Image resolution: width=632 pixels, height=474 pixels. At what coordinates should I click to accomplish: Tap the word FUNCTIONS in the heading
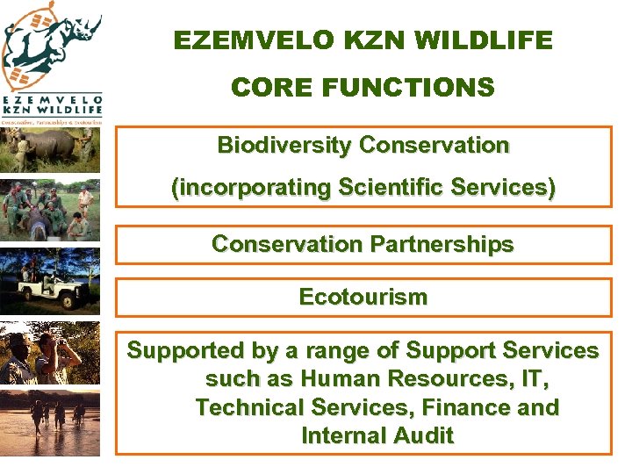(x=410, y=88)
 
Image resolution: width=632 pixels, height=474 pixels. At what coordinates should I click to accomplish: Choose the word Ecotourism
(x=363, y=297)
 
